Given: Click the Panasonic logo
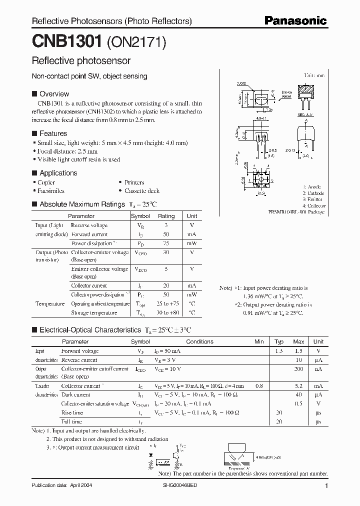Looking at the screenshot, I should [x=295, y=20].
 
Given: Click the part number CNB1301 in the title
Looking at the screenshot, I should [x=67, y=41].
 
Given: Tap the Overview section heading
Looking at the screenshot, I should [x=54, y=93].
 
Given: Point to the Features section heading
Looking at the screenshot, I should [x=53, y=133].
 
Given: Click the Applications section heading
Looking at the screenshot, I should [x=58, y=173].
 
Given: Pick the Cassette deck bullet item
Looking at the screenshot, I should [x=142, y=190].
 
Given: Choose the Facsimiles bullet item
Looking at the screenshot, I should [x=51, y=190].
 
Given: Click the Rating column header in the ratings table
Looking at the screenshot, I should [x=166, y=216].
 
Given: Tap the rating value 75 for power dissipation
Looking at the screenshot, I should [x=166, y=243].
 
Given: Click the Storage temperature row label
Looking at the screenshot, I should [x=94, y=312].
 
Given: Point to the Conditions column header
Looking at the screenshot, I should [x=199, y=341].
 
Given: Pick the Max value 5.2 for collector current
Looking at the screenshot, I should [x=298, y=386].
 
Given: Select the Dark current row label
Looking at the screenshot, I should [x=75, y=394].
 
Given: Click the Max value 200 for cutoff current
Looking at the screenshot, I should [x=298, y=368].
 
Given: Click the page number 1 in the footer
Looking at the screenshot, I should [x=326, y=485].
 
